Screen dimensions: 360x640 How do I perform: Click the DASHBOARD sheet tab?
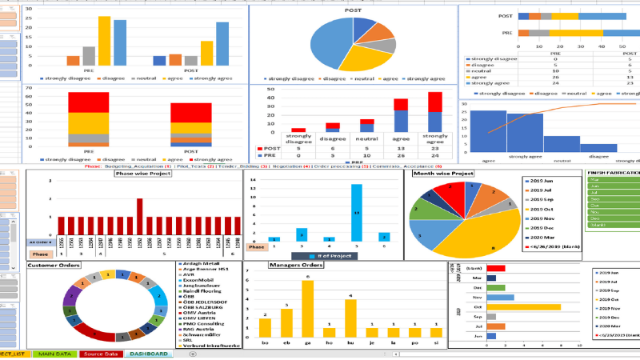149,354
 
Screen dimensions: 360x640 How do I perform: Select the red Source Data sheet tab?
101,354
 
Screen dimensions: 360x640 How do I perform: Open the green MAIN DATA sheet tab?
55,354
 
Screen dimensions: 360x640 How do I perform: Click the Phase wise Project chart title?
143,173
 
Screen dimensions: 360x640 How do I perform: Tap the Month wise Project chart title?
443,173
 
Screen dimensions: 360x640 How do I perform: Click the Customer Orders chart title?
54,265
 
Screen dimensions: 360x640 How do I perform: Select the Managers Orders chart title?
296,265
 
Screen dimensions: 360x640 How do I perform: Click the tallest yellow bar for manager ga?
307,308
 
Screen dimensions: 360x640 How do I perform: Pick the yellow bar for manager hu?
350,318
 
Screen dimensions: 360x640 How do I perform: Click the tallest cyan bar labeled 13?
356,213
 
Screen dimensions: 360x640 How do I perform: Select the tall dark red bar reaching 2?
140,217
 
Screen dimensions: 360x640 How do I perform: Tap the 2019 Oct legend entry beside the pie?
541,209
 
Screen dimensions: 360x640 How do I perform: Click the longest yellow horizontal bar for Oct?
523,307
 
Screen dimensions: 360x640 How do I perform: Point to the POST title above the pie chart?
353,10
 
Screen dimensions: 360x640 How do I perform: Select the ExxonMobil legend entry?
198,280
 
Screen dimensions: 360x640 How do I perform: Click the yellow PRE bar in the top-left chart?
104,41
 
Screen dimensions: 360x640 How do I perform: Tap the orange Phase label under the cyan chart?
256,247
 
